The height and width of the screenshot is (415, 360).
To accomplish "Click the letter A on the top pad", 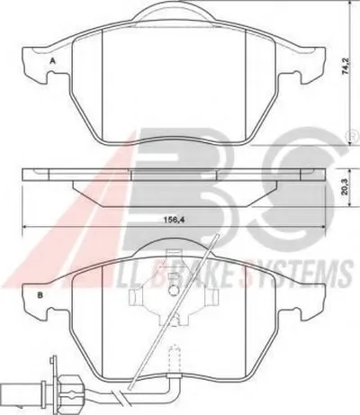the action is (53, 61).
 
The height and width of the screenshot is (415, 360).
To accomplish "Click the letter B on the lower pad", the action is (40, 295).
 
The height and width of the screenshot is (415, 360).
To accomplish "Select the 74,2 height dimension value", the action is (345, 67).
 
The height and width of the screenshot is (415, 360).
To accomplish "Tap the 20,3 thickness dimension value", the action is (345, 187).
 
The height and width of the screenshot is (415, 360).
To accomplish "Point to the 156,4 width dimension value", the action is (174, 220).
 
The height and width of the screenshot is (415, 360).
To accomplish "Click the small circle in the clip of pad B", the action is (173, 291).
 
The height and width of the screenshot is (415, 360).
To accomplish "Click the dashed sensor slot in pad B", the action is (175, 360).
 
